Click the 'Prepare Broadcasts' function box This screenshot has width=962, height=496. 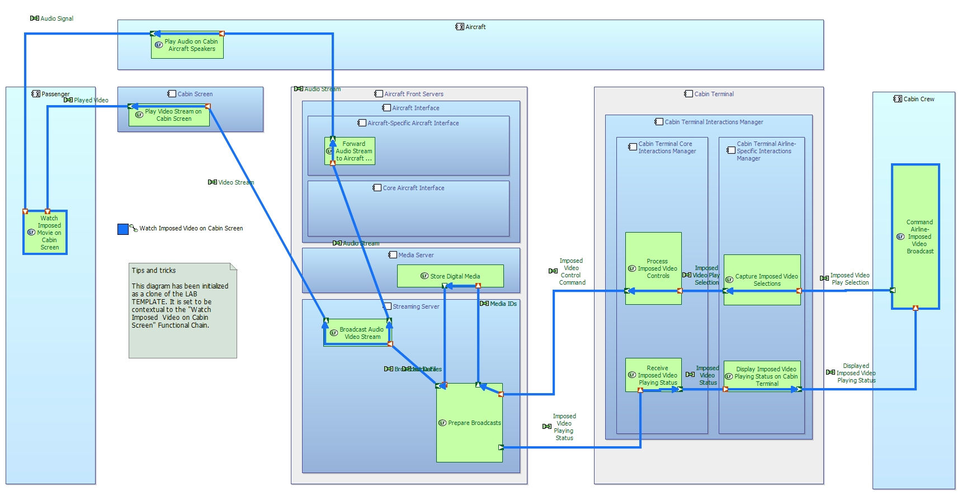coord(469,423)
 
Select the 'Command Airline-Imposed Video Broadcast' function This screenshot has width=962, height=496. coord(916,237)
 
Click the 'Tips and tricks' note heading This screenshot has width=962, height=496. coord(154,271)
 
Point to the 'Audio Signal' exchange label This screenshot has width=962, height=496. coord(56,18)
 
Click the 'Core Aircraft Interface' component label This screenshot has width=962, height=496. coord(413,188)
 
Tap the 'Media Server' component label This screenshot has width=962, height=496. coord(416,255)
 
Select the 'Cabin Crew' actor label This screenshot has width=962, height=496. coord(918,99)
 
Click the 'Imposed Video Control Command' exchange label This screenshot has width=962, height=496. coord(572,272)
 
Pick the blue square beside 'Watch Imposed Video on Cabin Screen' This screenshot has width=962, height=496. coord(123,229)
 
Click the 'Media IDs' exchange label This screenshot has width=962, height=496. coord(503,304)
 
